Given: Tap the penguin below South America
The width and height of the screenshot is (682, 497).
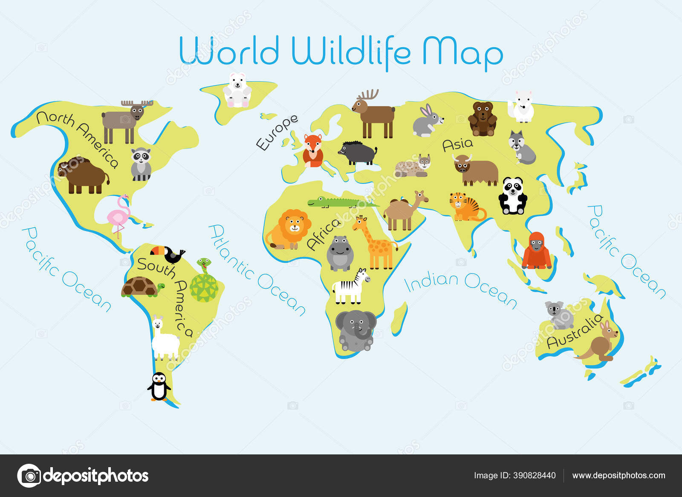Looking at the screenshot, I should coord(159,386).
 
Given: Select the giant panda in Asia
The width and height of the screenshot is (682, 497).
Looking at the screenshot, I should coord(512,196).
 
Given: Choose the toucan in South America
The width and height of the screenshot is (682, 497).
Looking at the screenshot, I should coord(169,254).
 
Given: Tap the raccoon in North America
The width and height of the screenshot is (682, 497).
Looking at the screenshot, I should coord(141,164).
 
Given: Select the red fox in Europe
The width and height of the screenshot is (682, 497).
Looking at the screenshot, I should coord(313,151).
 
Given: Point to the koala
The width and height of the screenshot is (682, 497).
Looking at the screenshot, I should coord(558,315).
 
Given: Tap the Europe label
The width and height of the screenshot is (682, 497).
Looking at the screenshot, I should coord(277,132).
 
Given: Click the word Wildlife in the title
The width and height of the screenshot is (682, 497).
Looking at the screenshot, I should coord(350,52).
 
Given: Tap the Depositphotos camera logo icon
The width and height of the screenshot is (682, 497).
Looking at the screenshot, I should coord(29,475).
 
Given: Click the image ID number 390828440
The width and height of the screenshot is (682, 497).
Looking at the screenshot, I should coord(533,475).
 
